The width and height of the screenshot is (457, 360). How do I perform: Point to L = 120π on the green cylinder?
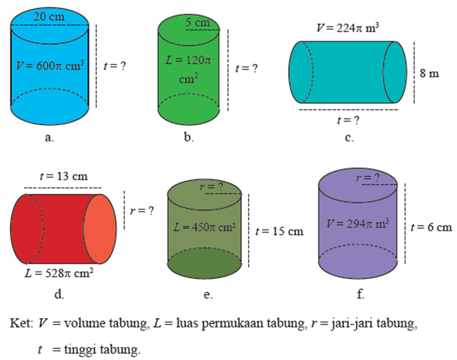pos(187,60)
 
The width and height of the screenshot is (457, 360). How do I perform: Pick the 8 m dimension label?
pos(429,73)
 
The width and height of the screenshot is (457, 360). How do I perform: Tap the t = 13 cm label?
pos(63,176)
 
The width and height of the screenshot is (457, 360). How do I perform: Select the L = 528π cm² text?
pos(59,273)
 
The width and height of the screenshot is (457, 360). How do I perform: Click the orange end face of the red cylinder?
pos(100,229)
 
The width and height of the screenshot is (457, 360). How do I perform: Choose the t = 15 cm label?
pos(278,232)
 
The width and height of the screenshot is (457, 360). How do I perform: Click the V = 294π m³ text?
pos(358,224)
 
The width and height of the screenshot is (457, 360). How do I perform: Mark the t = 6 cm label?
pos(431,227)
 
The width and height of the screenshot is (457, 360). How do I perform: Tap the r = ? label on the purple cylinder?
pos(368,178)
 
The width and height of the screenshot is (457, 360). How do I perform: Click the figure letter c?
pos(349,138)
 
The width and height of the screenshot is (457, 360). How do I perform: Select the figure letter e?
pos(208,295)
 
